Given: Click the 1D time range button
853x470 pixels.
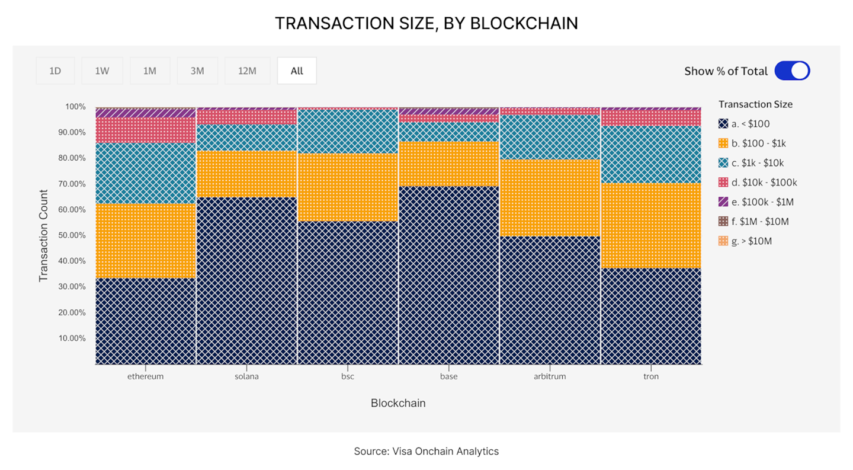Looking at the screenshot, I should coord(55,71).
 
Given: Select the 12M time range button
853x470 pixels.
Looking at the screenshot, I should coord(247,71).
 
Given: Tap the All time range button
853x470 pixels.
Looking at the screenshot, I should coord(297,71).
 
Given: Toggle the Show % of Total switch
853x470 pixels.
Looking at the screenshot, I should coord(792,71).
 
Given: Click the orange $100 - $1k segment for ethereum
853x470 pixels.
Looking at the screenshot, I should coord(146,241).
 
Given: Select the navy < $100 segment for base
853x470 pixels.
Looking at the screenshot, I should coord(449,275).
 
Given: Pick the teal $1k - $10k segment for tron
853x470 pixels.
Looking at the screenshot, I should coord(651,154).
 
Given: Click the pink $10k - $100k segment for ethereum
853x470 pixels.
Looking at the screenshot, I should coord(146,130).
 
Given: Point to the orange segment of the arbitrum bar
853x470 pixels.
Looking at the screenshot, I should coord(550,197).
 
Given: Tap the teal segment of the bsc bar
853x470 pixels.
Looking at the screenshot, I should coord(348,131).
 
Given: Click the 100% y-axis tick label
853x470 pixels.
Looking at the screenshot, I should coord(76,107).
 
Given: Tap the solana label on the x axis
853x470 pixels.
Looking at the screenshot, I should coord(246,376).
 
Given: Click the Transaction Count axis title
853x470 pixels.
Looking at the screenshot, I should coord(43,235).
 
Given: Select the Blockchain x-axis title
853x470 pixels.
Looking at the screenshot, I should coord(398,403).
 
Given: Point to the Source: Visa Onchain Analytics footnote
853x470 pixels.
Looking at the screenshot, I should coord(426,451).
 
